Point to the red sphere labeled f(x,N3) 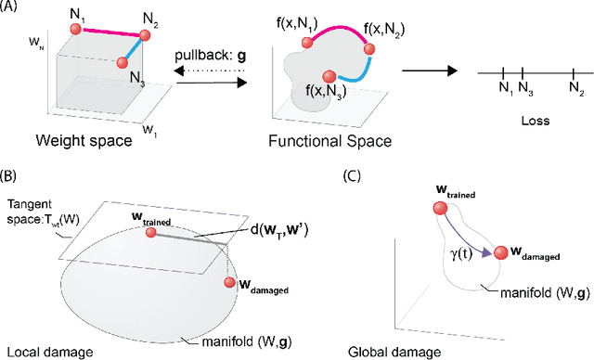click(327, 76)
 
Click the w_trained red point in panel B click(152, 232)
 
